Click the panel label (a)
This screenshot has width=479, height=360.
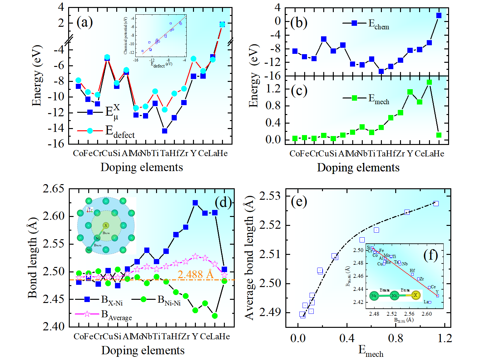click(85, 22)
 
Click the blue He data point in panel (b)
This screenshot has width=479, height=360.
click(439, 15)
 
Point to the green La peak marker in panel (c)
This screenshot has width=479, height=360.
click(429, 82)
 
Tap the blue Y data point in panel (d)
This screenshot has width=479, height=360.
click(195, 203)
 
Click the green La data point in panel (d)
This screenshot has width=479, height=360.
click(215, 316)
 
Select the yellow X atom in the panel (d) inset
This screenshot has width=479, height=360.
click(106, 226)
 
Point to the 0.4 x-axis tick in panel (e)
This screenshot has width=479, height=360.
click(347, 338)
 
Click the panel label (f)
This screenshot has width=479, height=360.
click(431, 255)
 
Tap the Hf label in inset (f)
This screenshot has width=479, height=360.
click(412, 270)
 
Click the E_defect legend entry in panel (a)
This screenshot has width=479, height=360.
click(119, 131)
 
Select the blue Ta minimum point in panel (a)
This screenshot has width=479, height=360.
click(165, 131)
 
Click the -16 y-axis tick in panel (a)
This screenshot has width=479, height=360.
click(56, 144)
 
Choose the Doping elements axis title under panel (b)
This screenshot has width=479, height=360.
click(358, 168)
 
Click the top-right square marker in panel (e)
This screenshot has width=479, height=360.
click(436, 203)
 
